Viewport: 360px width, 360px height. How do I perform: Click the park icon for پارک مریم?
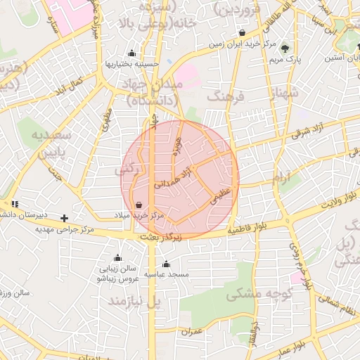(285, 49)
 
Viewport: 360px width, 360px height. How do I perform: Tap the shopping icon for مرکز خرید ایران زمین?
(242, 32)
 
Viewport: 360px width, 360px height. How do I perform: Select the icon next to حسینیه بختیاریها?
(131, 53)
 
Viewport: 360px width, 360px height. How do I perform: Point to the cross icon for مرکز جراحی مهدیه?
(65, 218)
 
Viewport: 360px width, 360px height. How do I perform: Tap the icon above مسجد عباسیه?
(166, 264)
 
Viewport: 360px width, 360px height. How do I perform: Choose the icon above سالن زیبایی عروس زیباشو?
(117, 257)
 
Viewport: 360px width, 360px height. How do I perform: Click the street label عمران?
(191, 330)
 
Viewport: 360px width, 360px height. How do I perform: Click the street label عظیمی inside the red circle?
(220, 195)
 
